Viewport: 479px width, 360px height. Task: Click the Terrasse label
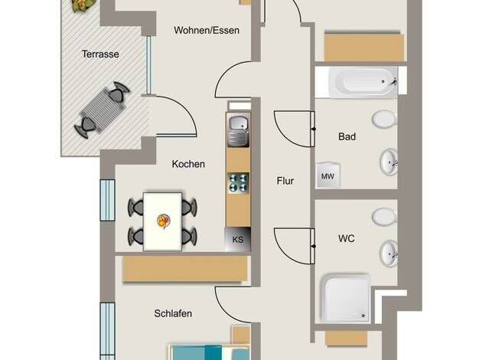tap(100, 54)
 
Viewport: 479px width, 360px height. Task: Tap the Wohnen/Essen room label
tap(206, 31)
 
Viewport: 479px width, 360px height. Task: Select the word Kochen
tap(188, 164)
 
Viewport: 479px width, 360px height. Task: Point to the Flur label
tap(285, 181)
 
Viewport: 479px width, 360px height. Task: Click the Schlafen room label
tap(173, 313)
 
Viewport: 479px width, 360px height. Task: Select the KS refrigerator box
tap(238, 239)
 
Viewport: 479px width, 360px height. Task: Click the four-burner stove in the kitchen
tap(238, 183)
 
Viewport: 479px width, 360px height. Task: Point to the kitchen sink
tap(239, 131)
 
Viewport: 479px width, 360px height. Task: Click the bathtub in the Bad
tap(363, 82)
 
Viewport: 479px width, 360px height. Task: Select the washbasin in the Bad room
tap(389, 162)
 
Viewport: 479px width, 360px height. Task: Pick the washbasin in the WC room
tap(389, 254)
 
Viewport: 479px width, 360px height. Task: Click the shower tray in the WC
tap(345, 299)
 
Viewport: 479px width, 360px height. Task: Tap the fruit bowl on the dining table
tap(164, 221)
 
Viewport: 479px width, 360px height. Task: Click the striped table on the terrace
tap(103, 110)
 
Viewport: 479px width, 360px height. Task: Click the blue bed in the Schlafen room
tap(210, 352)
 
